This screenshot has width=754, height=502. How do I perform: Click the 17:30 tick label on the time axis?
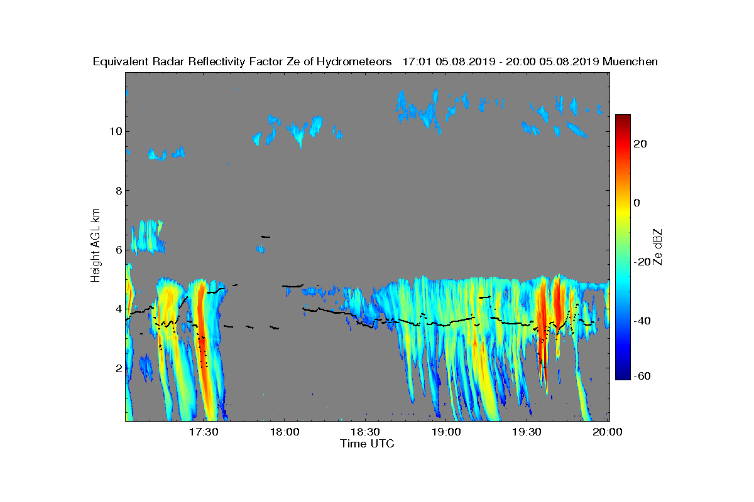coord(203,432)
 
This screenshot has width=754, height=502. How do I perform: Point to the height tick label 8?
coord(116,190)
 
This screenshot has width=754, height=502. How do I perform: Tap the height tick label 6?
coord(116,249)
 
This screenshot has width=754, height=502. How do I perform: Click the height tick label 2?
coord(116,368)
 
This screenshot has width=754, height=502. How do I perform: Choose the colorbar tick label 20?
coord(641,144)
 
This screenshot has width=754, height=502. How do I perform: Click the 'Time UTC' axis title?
coord(368,444)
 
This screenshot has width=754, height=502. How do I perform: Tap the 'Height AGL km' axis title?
coord(96,245)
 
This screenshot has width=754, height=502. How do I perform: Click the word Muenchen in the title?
coord(630,61)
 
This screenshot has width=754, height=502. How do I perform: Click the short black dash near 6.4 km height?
coord(265,237)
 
